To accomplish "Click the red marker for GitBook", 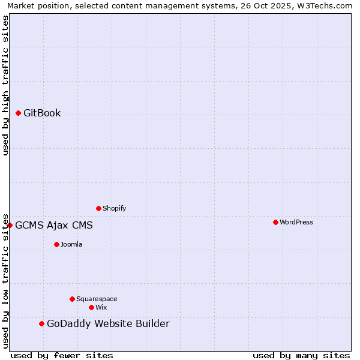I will coord(19,113).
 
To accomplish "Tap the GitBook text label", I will coord(42,113).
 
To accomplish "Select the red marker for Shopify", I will coord(99,208).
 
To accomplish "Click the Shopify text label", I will coord(114,209).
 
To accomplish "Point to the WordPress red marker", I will coord(275,222).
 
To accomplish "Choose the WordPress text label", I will coord(296,223).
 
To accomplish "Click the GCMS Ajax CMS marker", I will coord(10,225).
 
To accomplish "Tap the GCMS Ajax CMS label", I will coord(54,226).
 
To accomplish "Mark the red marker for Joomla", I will coord(57,244).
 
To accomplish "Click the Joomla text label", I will coord(71,245).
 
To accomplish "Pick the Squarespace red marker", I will coord(72,299).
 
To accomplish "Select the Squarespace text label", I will coord(97,299).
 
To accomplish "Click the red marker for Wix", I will coord(91,307).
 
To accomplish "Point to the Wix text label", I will coord(101,308).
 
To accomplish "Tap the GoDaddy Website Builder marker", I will coord(41,323).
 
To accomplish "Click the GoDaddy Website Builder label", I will coord(108,324).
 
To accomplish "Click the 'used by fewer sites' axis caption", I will coord(62,355).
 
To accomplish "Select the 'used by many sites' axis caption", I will coord(301,355).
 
